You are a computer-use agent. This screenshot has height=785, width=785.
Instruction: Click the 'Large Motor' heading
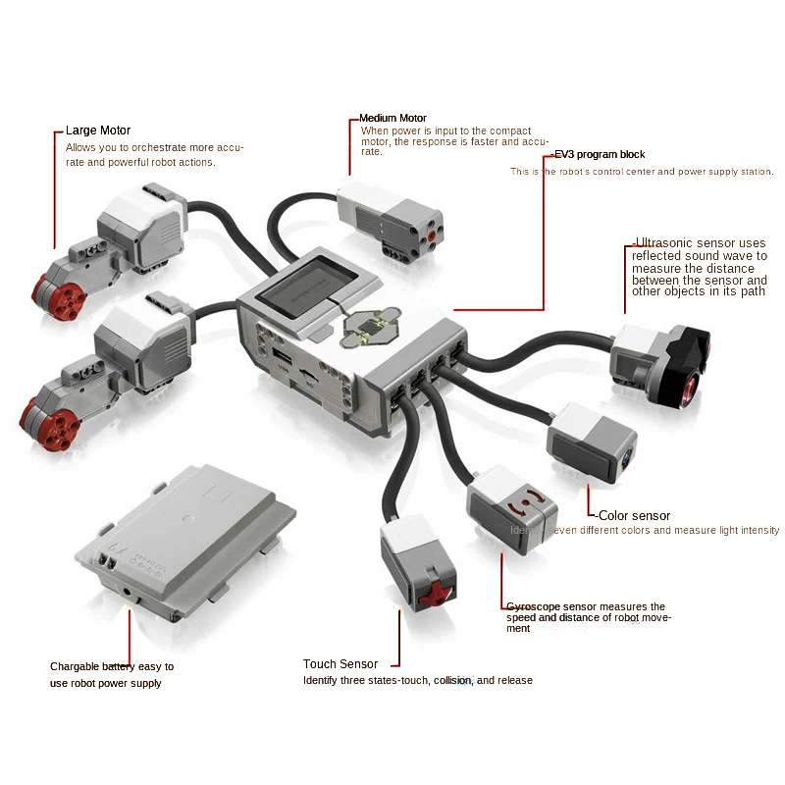pyautogui.click(x=97, y=130)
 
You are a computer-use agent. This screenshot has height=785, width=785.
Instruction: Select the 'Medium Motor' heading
pyautogui.click(x=392, y=118)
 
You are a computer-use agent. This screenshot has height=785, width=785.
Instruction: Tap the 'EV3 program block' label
pyautogui.click(x=600, y=154)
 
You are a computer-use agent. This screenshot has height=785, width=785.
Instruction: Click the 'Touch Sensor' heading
pyautogui.click(x=340, y=664)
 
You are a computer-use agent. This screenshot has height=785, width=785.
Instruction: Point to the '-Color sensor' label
pyautogui.click(x=634, y=515)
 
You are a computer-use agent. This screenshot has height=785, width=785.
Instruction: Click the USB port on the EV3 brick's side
pyautogui.click(x=282, y=356)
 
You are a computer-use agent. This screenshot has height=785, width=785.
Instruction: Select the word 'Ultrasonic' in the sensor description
pyautogui.click(x=664, y=243)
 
